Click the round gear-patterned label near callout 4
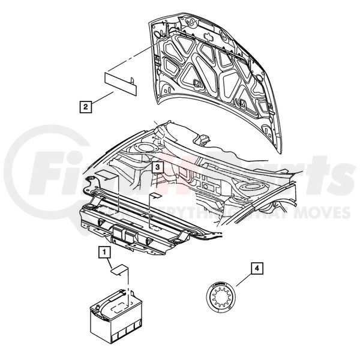(222, 298)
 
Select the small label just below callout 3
(154, 195)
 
